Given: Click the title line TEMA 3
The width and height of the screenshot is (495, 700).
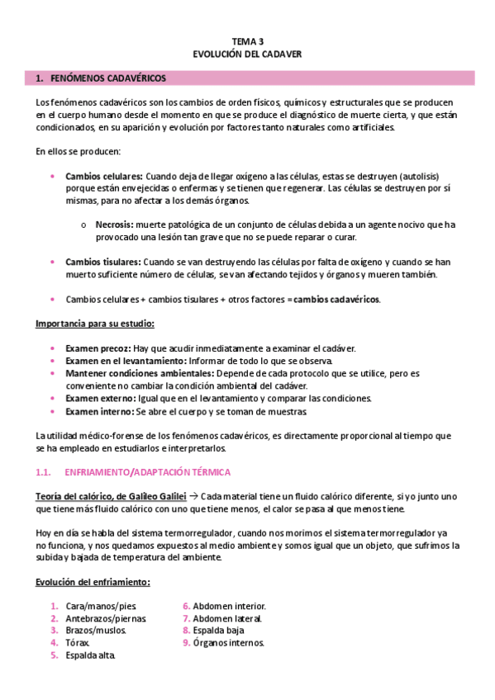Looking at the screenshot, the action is [x=247, y=40].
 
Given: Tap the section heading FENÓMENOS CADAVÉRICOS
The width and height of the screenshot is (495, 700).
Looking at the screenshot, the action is [x=107, y=78].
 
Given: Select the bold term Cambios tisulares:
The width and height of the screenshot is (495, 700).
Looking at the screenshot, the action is [x=102, y=262].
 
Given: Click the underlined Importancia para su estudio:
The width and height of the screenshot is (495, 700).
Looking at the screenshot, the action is [x=95, y=323].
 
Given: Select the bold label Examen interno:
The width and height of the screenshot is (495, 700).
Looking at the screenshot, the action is [x=99, y=410].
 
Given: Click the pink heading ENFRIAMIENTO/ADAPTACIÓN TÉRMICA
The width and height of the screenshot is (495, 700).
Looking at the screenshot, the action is [x=148, y=471].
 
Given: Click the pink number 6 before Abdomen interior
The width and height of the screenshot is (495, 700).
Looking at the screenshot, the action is [x=187, y=606].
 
